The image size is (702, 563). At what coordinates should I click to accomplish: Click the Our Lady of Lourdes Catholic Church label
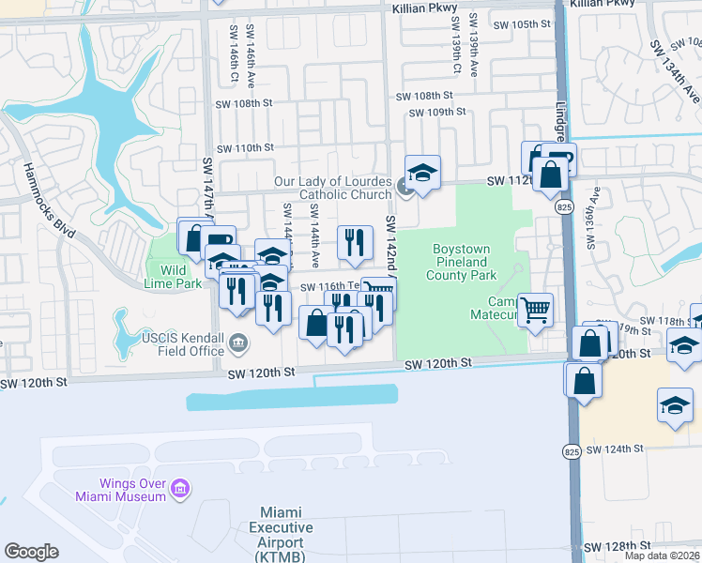click(332, 188)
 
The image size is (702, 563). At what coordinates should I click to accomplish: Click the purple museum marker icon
click(180, 489)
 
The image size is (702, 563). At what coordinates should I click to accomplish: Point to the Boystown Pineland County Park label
click(463, 263)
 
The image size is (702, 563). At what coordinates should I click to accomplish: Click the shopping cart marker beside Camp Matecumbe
click(535, 309)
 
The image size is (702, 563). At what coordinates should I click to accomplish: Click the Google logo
click(32, 552)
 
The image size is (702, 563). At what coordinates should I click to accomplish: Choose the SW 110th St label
click(245, 148)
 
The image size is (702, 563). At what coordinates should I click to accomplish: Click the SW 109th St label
click(437, 113)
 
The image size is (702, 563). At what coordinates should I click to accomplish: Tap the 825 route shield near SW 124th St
click(571, 451)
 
